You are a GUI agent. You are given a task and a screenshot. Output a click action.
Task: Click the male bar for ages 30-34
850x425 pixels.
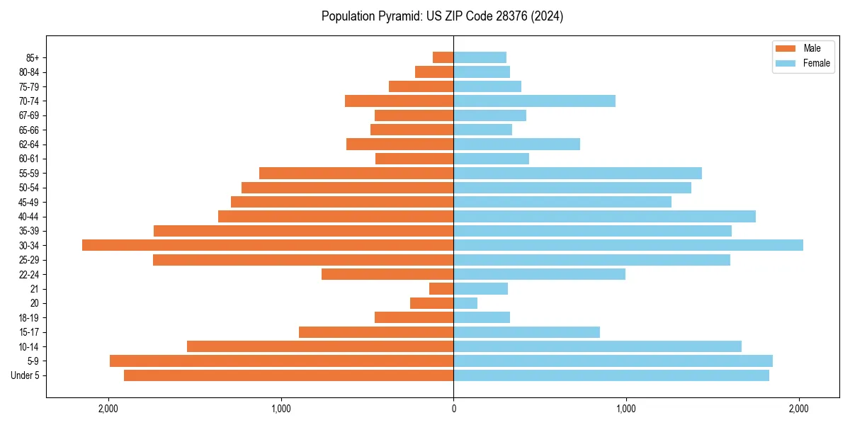(268, 245)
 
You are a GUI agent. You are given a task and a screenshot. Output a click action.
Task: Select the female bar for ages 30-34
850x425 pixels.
(628, 245)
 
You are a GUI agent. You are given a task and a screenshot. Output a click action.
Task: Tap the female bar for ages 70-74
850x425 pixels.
(534, 101)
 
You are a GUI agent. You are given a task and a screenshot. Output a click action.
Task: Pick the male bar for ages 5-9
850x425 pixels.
(281, 361)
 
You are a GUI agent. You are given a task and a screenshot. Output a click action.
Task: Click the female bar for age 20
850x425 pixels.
(465, 303)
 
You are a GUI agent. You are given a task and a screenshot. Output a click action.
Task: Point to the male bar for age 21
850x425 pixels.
(441, 289)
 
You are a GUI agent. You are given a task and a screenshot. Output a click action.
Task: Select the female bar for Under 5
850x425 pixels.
(611, 375)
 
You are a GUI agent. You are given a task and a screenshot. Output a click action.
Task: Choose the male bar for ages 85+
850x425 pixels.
(443, 57)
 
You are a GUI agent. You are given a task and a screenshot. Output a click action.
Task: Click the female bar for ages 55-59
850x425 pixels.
(577, 174)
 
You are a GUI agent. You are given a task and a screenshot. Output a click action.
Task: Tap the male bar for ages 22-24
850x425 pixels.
(387, 274)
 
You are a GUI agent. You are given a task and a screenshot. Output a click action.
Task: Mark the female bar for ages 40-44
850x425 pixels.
(604, 217)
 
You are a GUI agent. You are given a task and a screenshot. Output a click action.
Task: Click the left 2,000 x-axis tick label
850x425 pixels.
(108, 409)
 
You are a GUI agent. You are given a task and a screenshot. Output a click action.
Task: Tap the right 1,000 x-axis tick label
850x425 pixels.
(626, 409)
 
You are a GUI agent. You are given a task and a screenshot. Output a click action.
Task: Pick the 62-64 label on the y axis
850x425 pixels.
(29, 144)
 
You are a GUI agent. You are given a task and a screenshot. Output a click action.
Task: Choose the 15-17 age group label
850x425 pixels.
(29, 332)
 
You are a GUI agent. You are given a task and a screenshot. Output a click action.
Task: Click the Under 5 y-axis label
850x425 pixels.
(25, 375)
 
